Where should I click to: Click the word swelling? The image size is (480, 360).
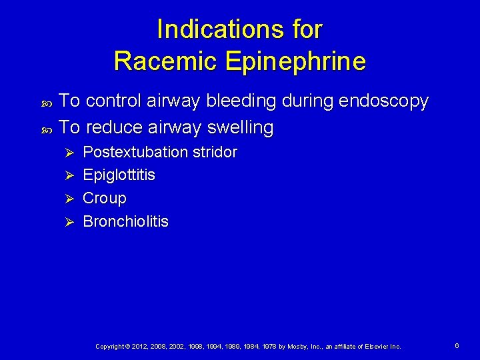[241, 127]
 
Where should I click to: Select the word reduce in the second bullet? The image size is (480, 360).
[117, 127]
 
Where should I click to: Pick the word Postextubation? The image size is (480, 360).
[135, 152]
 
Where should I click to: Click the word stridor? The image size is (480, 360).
[215, 152]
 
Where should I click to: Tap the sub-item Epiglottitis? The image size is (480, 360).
[119, 175]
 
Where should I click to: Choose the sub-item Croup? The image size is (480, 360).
[104, 199]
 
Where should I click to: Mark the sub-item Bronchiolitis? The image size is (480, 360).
[125, 221]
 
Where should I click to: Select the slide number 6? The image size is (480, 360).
[457, 346]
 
